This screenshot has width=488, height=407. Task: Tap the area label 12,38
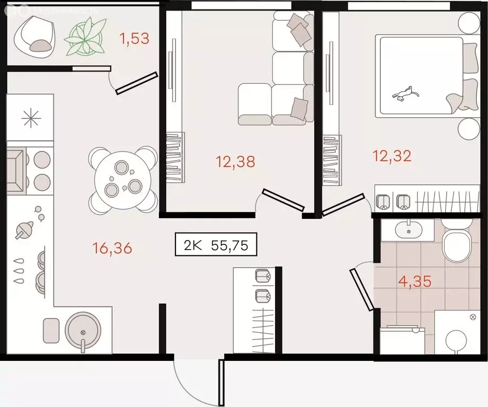[x=235, y=161]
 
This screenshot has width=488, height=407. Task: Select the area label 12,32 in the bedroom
[x=392, y=156]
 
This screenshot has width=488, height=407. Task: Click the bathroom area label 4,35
[x=415, y=280]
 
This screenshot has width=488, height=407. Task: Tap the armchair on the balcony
[x=36, y=36]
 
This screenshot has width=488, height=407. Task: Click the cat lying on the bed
[x=404, y=94]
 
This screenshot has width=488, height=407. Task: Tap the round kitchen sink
[x=82, y=331]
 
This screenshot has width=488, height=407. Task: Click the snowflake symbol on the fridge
[x=30, y=117]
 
